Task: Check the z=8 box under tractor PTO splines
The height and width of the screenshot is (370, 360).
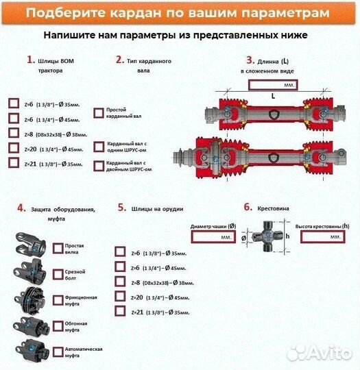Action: (x=14, y=132)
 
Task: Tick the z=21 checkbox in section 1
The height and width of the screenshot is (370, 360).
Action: (x=14, y=163)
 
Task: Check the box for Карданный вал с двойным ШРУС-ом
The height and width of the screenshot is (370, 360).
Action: (x=99, y=165)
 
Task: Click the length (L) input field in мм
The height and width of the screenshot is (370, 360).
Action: (x=272, y=84)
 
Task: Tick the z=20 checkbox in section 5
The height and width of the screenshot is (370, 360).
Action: (x=120, y=296)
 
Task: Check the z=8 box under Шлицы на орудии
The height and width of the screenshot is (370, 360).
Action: (x=120, y=282)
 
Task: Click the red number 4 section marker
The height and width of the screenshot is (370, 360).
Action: (x=21, y=208)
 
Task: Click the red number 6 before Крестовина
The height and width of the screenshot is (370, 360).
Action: (x=248, y=206)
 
